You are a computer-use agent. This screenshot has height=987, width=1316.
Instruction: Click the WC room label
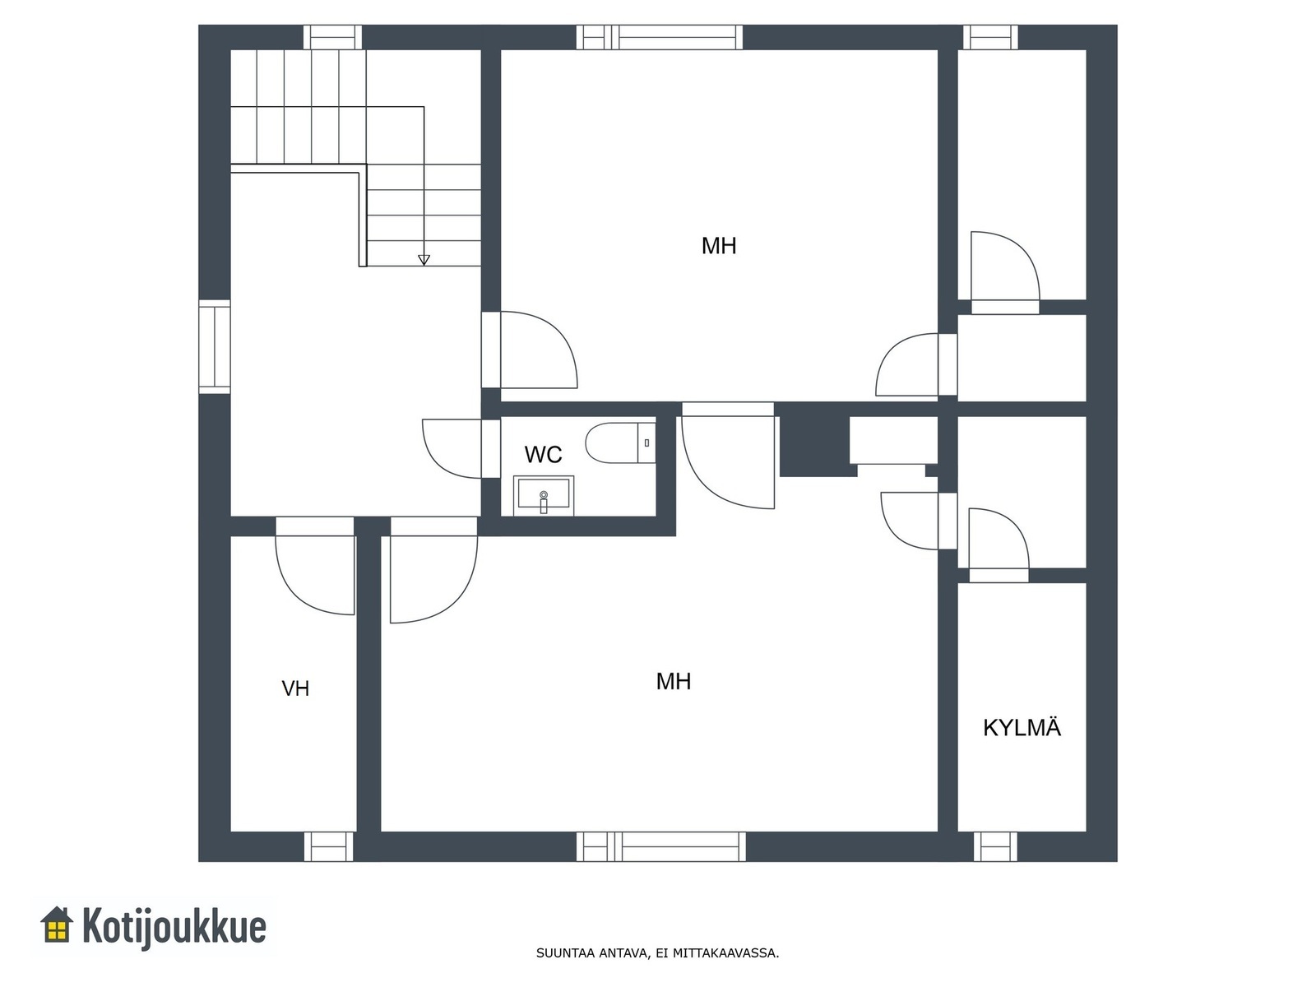tap(543, 455)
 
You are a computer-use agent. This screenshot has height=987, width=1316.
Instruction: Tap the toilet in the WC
tap(620, 443)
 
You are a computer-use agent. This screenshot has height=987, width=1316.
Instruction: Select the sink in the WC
tap(543, 496)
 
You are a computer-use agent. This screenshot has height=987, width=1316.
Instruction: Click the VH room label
tap(295, 688)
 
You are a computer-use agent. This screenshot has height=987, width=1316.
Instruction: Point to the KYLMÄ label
tap(1022, 727)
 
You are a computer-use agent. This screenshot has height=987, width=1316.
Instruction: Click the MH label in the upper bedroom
tap(719, 246)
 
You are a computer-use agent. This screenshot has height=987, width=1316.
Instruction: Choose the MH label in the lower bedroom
tap(674, 681)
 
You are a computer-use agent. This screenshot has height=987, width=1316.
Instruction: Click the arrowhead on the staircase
tap(424, 260)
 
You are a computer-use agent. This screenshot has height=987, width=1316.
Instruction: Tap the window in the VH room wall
tap(328, 846)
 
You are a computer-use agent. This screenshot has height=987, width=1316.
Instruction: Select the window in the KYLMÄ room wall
tap(995, 846)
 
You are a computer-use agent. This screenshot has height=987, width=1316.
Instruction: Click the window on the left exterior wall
tap(215, 347)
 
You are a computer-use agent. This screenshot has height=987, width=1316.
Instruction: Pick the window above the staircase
tap(333, 37)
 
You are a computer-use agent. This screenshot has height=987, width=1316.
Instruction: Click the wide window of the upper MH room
tap(660, 37)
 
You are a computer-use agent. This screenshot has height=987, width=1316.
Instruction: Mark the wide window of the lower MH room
tap(661, 846)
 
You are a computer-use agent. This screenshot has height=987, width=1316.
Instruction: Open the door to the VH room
tap(315, 566)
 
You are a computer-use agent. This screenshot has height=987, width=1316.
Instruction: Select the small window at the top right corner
tap(990, 37)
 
